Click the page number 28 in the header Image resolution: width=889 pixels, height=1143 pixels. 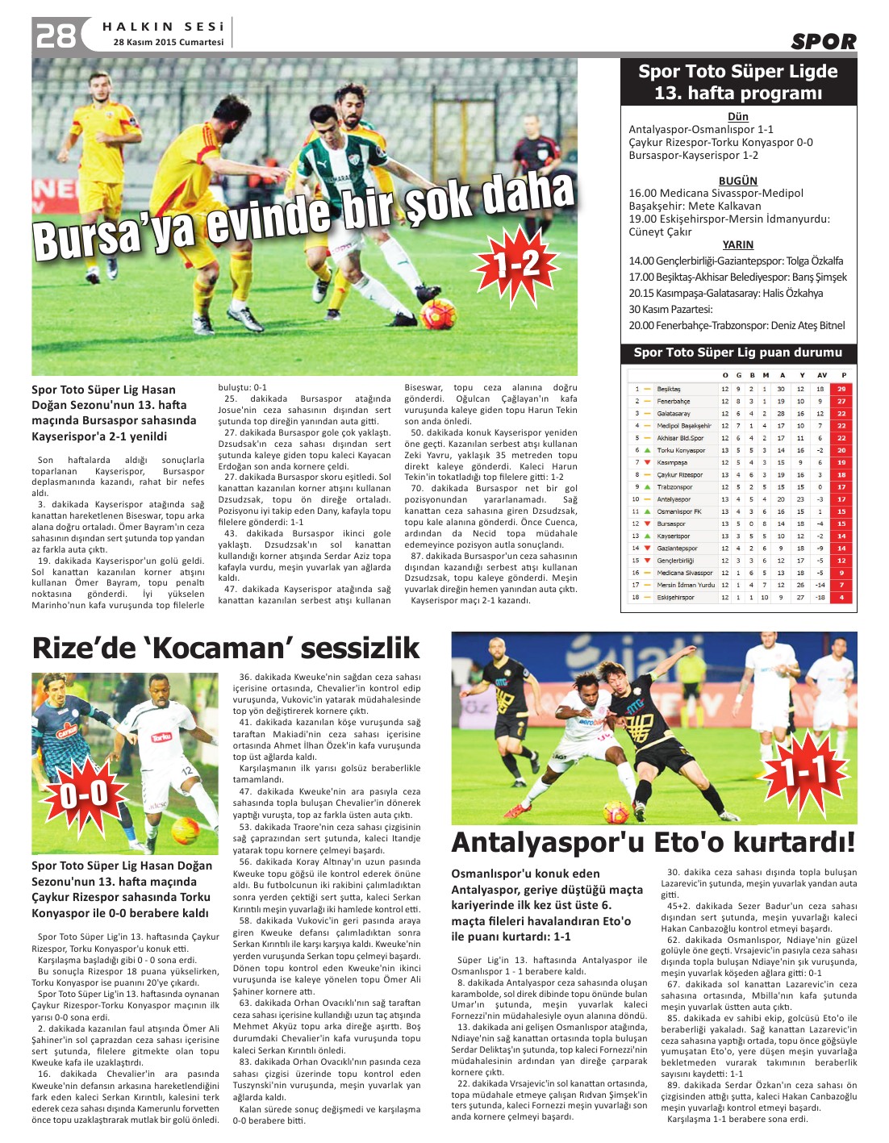(55, 35)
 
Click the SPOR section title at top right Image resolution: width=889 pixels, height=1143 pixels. (823, 42)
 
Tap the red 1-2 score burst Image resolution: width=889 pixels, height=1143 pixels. (517, 263)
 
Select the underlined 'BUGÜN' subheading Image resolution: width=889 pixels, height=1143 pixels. (737, 181)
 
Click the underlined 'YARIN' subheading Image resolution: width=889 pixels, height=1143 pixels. (737, 244)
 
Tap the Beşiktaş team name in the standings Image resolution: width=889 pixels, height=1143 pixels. (669, 389)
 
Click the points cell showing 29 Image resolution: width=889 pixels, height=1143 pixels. (841, 389)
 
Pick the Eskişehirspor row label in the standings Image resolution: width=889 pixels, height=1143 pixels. (675, 598)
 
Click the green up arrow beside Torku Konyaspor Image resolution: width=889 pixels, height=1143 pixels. (647, 450)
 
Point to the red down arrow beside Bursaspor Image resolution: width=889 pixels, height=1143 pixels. (647, 524)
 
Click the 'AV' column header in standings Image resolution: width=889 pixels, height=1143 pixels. (821, 375)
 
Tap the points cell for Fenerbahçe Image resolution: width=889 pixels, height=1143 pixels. (841, 401)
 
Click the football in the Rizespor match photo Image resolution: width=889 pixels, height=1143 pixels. (186, 828)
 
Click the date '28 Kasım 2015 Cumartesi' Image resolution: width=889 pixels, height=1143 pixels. (169, 42)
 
